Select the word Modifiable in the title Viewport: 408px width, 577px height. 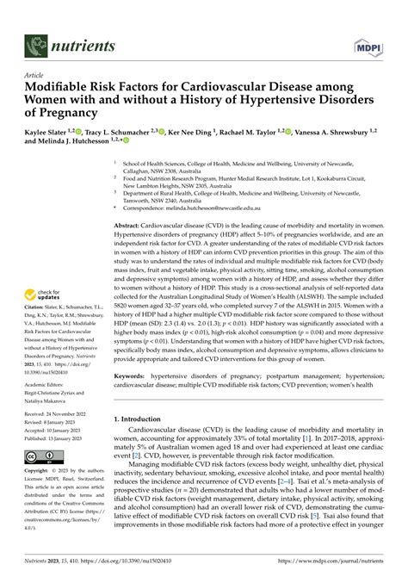pos(62,87)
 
